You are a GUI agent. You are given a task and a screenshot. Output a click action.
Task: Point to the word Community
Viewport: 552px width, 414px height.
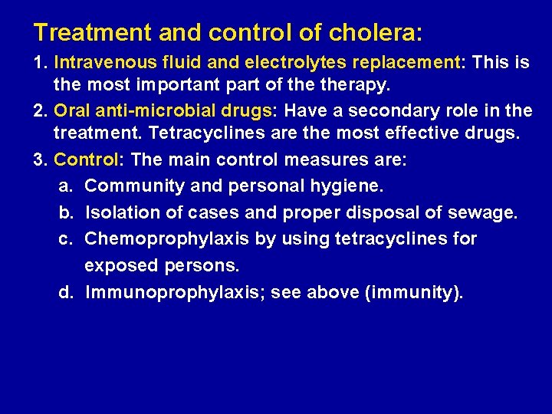[x=132, y=186]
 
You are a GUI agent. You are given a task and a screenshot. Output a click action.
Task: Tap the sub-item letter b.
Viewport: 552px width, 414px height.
[x=66, y=213]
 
